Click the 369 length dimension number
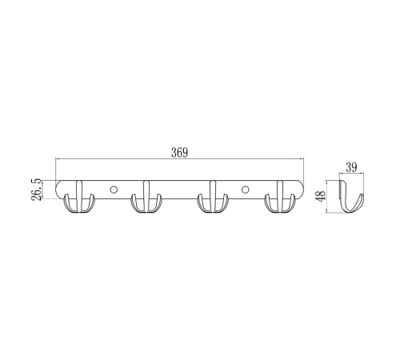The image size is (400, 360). pos(179,153)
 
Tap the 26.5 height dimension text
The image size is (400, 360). pos(36,190)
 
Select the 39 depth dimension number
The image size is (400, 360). pos(351,167)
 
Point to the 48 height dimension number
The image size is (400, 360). pos(321,196)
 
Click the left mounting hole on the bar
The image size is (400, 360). pos(114,190)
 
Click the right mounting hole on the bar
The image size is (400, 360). pos(245,190)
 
